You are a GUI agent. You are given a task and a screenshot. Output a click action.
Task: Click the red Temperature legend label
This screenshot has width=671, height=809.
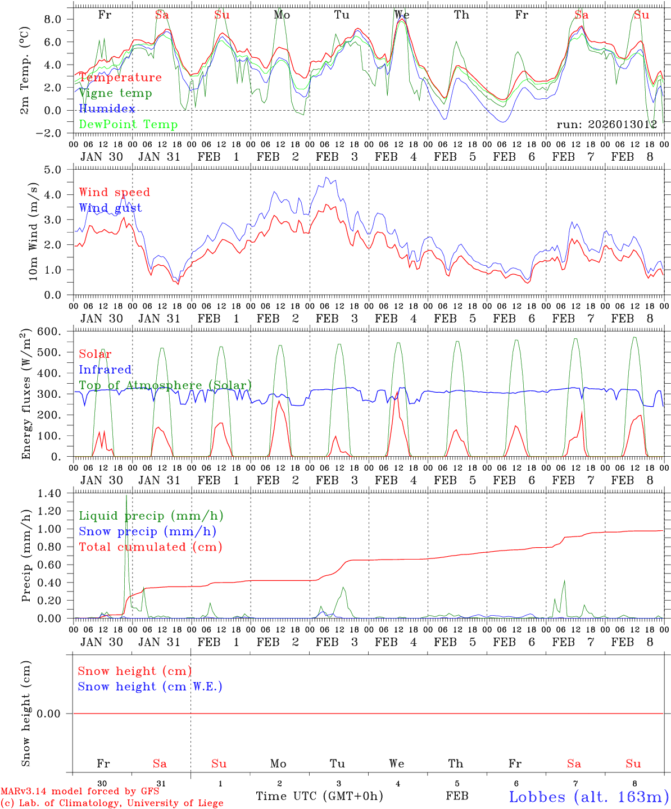(120, 78)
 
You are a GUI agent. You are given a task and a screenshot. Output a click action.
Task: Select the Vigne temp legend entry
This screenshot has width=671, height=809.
(115, 93)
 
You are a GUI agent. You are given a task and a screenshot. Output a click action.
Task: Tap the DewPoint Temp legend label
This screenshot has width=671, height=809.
(128, 124)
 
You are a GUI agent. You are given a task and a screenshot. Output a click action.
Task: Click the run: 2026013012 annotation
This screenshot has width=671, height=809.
(606, 124)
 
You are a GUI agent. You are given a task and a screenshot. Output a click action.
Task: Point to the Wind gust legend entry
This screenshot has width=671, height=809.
(110, 208)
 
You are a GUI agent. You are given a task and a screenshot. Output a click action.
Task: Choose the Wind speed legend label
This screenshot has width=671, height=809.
(115, 192)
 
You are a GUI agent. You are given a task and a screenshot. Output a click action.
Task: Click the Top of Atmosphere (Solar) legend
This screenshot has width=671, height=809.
(165, 385)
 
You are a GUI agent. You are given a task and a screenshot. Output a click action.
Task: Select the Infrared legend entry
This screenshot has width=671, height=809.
(105, 370)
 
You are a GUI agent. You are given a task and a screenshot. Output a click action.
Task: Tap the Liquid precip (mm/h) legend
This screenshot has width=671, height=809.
(151, 516)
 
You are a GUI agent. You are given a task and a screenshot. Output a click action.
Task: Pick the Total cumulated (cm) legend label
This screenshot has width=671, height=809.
(151, 547)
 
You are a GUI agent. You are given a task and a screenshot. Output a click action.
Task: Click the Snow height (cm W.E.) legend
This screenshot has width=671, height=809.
(150, 687)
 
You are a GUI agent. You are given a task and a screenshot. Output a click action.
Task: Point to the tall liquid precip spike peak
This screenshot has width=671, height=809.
(126, 496)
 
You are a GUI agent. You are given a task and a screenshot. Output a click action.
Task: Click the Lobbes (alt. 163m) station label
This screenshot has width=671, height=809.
(588, 797)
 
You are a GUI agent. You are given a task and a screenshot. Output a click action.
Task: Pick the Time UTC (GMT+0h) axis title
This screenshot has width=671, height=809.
(319, 796)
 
